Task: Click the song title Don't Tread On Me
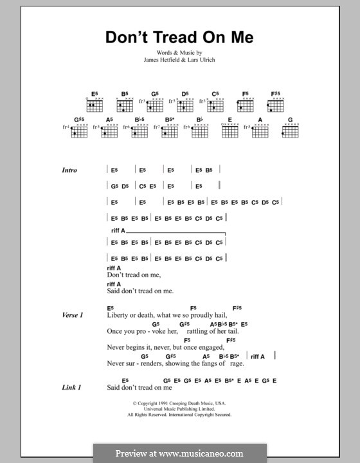(x=179, y=37)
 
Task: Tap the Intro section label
(x=69, y=170)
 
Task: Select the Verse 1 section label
(x=73, y=315)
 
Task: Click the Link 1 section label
(x=71, y=388)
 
